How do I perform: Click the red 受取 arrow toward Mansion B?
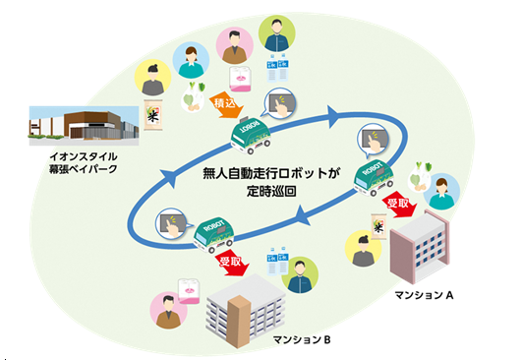[230, 265]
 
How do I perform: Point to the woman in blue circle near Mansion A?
[442, 192]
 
